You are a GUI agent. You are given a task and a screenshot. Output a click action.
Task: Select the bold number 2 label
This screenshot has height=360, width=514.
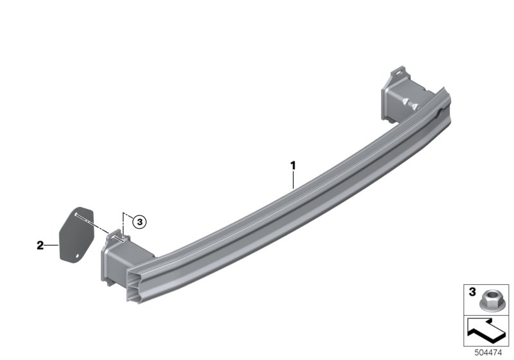point(40,245)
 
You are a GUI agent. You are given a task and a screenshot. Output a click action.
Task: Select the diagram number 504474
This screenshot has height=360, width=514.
point(489,352)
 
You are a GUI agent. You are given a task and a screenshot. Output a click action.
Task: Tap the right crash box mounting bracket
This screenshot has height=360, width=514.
point(398,96)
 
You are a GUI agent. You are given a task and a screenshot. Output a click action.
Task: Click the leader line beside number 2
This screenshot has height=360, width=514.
point(51,245)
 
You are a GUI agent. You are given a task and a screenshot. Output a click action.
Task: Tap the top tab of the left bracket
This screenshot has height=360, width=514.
point(114,234)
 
